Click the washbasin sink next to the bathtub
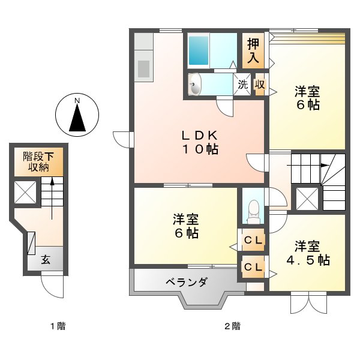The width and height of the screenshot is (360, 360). (196, 85)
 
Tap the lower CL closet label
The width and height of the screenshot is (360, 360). (252, 267)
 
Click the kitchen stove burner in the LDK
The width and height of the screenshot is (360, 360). (144, 67)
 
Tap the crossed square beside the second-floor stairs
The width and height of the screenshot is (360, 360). (308, 199)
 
